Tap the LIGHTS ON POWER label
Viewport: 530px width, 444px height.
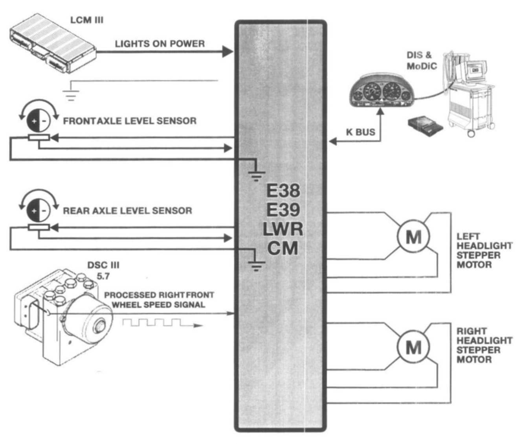click(160, 44)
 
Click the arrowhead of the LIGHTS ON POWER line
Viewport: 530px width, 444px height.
click(228, 51)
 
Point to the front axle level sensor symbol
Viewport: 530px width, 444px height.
click(38, 120)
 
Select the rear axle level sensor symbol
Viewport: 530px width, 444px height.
click(38, 210)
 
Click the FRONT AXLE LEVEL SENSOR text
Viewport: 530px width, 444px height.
click(130, 121)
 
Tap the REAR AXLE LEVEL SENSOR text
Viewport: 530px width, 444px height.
click(127, 211)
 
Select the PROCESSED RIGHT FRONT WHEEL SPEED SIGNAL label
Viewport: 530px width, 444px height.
click(159, 300)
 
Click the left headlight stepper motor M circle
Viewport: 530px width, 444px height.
click(413, 237)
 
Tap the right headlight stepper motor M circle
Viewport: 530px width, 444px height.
click(413, 347)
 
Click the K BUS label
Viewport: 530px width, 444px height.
click(360, 132)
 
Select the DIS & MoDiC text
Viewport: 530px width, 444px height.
click(421, 61)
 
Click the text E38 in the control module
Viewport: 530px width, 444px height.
click(283, 191)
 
